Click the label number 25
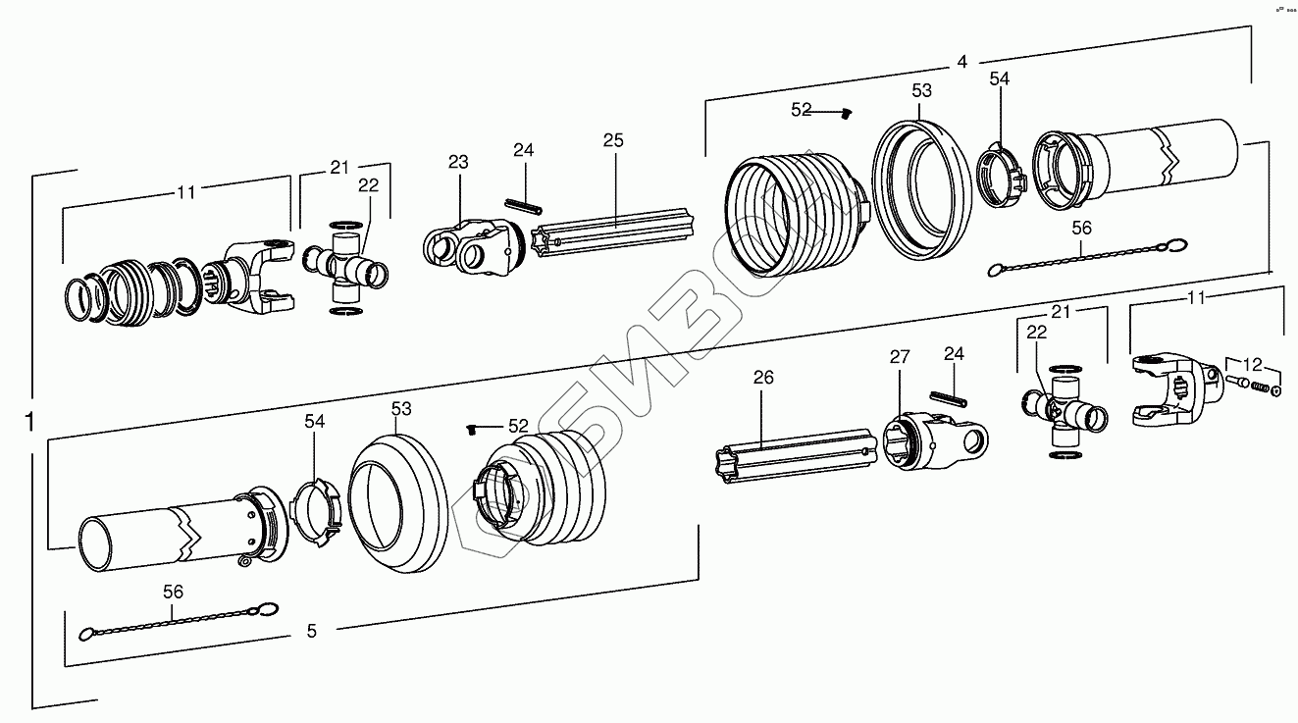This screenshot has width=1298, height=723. [x=613, y=141]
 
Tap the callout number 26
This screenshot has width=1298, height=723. [x=764, y=378]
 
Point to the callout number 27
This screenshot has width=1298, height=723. [x=900, y=357]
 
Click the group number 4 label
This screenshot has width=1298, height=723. [x=962, y=62]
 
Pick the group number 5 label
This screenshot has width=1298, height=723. [x=312, y=632]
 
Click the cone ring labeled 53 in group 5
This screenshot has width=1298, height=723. [x=397, y=501]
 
